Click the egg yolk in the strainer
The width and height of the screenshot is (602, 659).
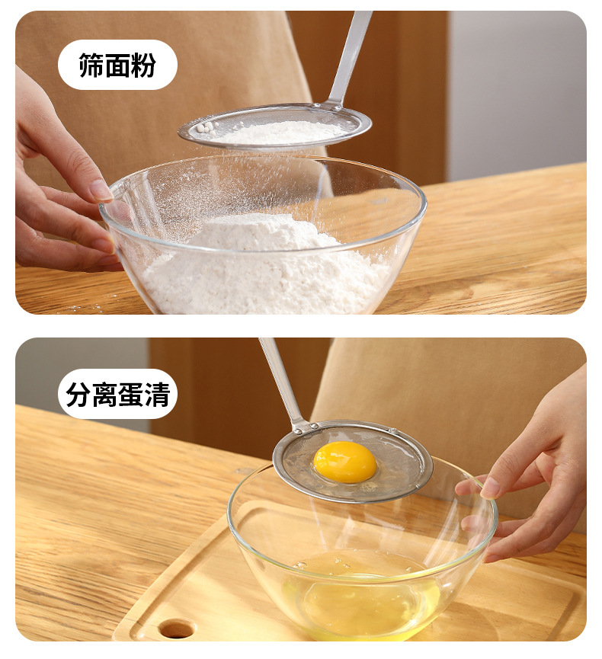(345, 462)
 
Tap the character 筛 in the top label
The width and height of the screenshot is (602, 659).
(91, 66)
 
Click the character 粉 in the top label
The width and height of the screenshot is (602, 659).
(143, 66)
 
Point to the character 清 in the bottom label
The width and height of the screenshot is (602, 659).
(157, 394)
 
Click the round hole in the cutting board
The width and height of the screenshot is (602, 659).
(177, 629)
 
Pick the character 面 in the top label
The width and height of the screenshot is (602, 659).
(117, 66)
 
